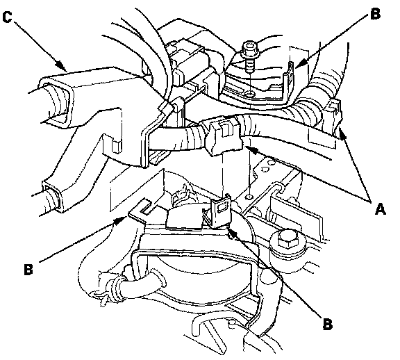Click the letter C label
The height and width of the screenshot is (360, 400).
[x=7, y=17]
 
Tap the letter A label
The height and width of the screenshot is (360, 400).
[x=381, y=209]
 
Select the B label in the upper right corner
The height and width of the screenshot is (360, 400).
[x=376, y=14]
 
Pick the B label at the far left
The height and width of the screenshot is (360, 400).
[x=28, y=269]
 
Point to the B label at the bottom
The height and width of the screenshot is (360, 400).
[x=328, y=324]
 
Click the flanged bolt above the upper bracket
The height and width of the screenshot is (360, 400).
[x=250, y=56]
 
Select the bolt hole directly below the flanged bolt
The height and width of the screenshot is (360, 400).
[x=249, y=95]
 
